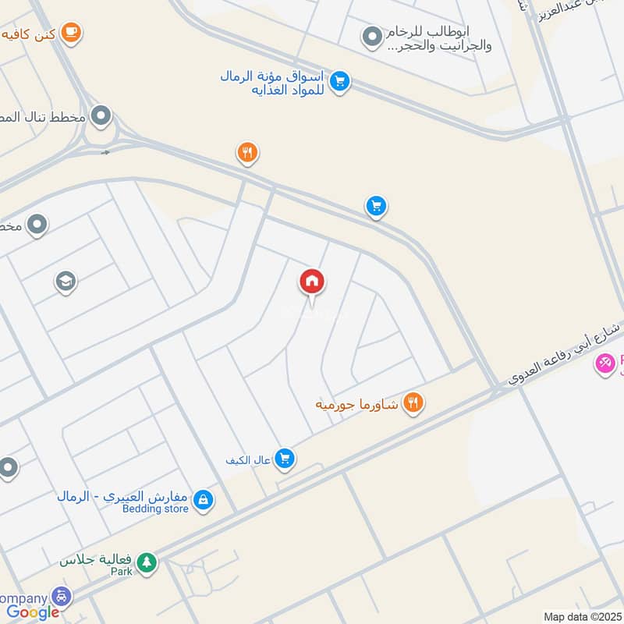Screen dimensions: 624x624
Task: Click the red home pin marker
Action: (x=312, y=282)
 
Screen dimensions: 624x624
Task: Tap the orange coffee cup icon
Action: (x=72, y=33)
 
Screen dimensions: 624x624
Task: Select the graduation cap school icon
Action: (x=66, y=282)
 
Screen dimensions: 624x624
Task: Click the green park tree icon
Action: (x=146, y=562)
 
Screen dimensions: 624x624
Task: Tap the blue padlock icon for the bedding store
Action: (x=203, y=500)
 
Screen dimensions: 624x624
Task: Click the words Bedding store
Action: (x=156, y=509)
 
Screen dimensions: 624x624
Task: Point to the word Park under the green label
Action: (x=121, y=572)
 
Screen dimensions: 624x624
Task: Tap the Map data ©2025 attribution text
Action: (x=581, y=616)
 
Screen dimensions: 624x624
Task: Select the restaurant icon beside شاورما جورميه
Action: (x=413, y=403)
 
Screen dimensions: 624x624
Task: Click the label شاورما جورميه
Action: (x=357, y=404)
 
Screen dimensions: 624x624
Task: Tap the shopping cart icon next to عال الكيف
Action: (x=284, y=459)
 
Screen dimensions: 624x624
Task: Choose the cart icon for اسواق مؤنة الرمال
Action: (x=339, y=81)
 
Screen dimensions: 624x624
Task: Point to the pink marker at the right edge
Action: (x=604, y=363)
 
